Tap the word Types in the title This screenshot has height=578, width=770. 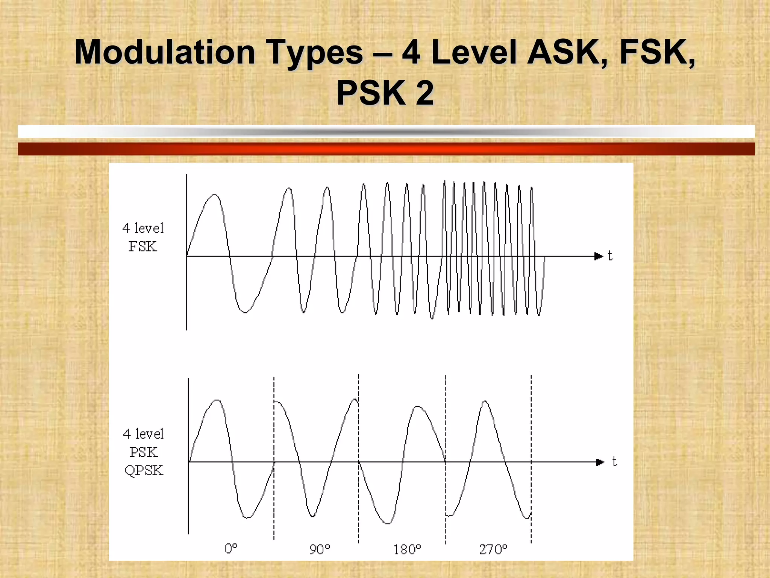pyautogui.click(x=314, y=53)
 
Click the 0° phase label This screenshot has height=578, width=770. pyautogui.click(x=231, y=549)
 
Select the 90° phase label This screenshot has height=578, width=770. pyautogui.click(x=320, y=549)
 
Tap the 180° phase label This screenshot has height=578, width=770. pyautogui.click(x=407, y=549)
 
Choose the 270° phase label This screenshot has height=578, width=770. pyautogui.click(x=493, y=549)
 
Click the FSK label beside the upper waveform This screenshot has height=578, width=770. pyautogui.click(x=143, y=246)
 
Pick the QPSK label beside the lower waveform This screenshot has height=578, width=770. pyautogui.click(x=144, y=470)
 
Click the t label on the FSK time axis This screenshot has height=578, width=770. pyautogui.click(x=610, y=256)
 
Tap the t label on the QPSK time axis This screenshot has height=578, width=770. pyautogui.click(x=614, y=461)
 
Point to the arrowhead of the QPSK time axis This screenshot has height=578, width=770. pyautogui.click(x=600, y=462)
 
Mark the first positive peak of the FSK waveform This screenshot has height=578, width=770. pyautogui.click(x=215, y=195)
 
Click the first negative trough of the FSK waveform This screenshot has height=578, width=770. pyautogui.click(x=244, y=312)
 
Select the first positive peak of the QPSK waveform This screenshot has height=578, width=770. pyautogui.click(x=217, y=400)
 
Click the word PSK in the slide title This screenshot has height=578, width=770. pyautogui.click(x=370, y=93)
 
